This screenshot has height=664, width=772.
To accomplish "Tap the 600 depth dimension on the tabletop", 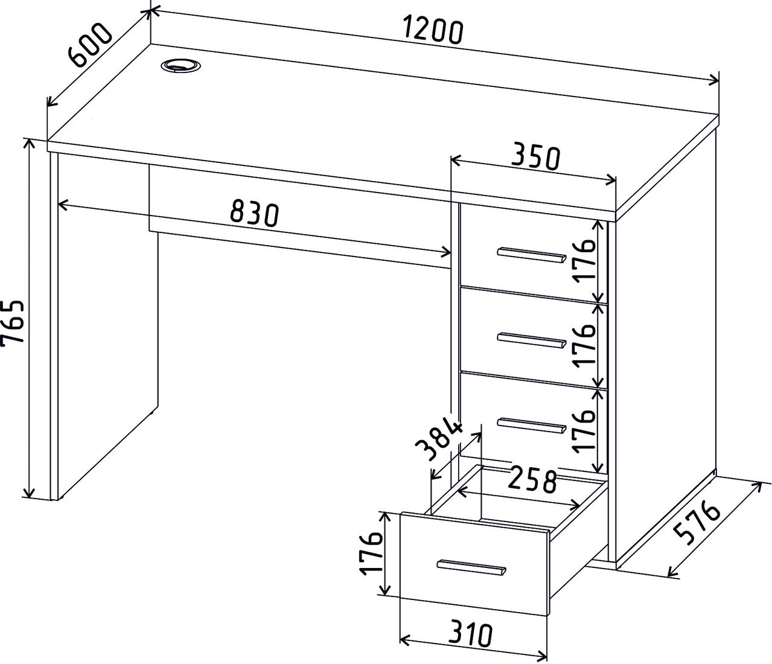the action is point(91,45).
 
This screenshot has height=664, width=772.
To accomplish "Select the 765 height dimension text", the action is point(13,325).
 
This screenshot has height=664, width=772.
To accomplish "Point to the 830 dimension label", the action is point(254,214).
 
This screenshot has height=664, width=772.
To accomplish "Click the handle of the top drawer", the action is point(532,255).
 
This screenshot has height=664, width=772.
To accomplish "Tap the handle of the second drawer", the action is point(532,340).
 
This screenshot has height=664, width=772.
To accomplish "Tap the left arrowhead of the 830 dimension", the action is point(64,205).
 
